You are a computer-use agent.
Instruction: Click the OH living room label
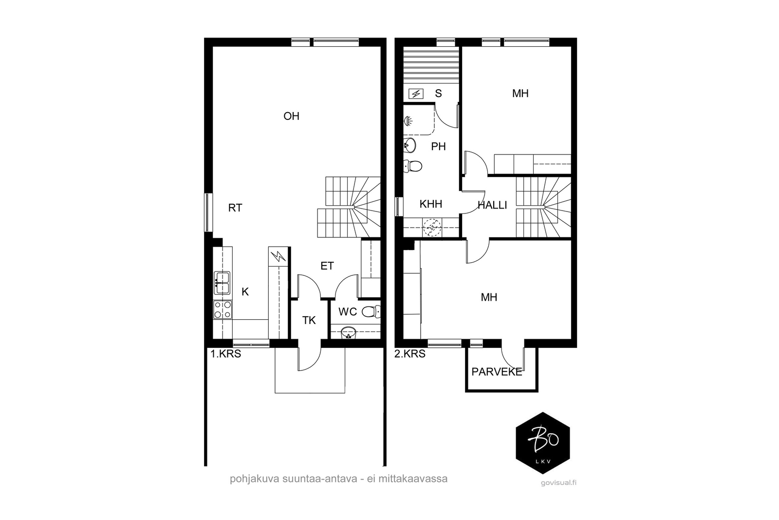[x=292, y=116]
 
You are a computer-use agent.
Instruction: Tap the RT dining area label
[x=235, y=208]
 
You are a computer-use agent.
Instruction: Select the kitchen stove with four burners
[x=223, y=309]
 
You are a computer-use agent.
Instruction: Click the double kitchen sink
[x=222, y=283]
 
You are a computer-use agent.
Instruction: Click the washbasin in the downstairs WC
[x=349, y=332]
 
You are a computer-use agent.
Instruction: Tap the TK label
[x=309, y=321]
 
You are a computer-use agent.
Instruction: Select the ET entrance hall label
[x=327, y=266]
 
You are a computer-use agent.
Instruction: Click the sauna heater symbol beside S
[x=416, y=94]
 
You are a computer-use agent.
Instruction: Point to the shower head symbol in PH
[x=408, y=121]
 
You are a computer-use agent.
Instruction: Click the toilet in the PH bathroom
[x=413, y=166]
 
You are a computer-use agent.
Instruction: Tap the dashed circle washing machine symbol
[x=432, y=228]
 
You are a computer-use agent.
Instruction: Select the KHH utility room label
[x=431, y=204]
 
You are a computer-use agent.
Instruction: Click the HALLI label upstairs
[x=492, y=205]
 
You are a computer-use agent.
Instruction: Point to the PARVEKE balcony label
[x=497, y=372]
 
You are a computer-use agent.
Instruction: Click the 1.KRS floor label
[x=226, y=354]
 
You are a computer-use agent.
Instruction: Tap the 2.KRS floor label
[x=410, y=354]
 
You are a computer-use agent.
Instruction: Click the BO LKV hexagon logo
[x=543, y=443]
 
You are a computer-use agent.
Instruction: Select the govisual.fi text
[x=558, y=483]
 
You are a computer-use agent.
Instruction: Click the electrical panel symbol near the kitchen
[x=278, y=256]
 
